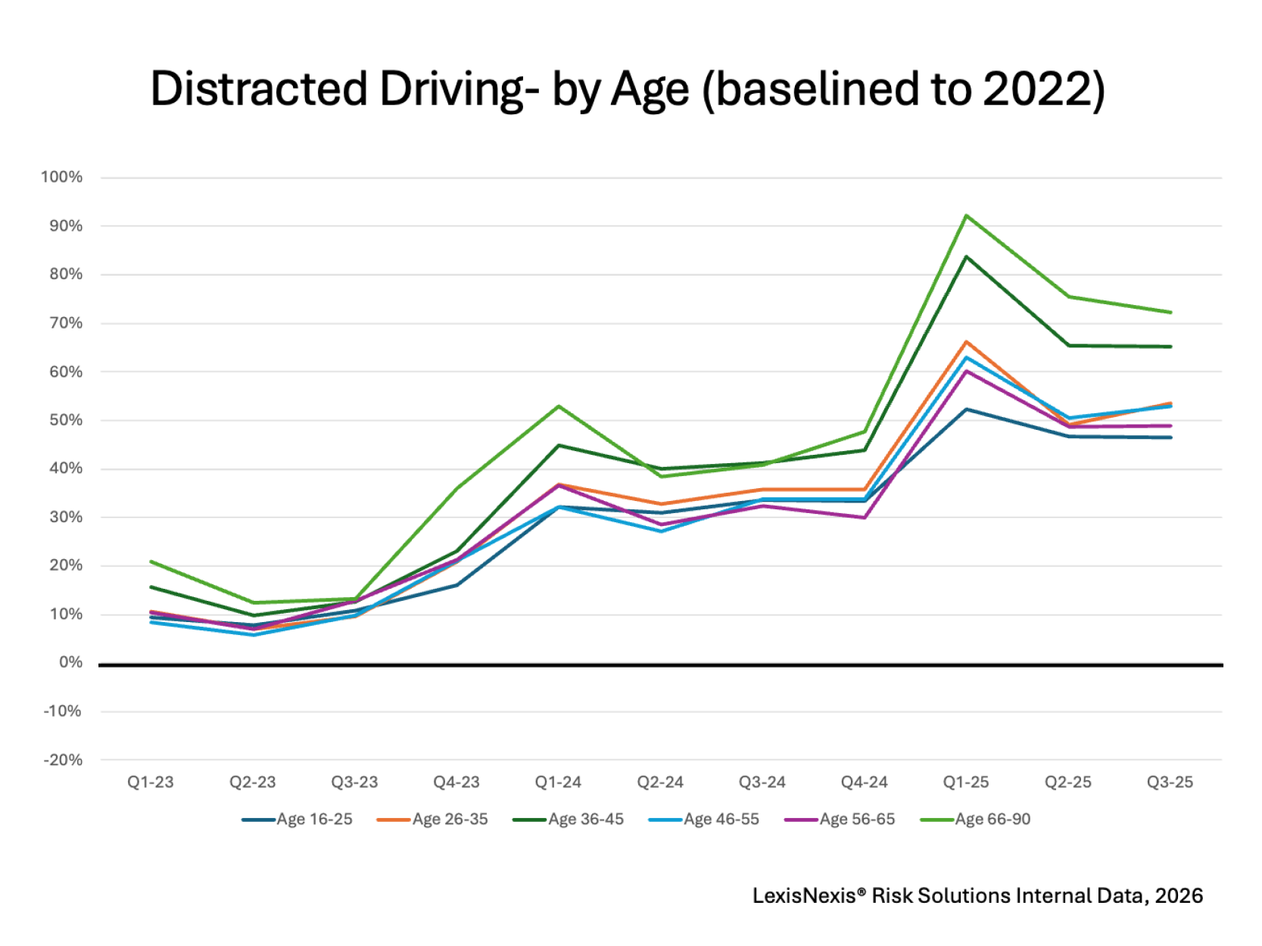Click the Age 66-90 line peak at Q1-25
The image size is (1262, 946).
(966, 216)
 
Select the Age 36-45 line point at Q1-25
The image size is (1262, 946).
(966, 257)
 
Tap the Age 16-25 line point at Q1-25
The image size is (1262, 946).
(966, 409)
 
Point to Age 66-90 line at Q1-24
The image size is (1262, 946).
(559, 406)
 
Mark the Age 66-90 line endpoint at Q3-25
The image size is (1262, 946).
(1170, 312)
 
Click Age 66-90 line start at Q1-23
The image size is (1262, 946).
(151, 562)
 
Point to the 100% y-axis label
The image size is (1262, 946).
(62, 177)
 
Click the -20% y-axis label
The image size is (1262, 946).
(63, 760)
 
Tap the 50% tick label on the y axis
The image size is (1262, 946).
(66, 420)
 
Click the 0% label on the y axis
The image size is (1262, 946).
(70, 662)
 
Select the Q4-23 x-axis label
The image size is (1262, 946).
(457, 782)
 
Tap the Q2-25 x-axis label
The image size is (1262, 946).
(1067, 782)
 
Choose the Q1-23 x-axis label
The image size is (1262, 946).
(151, 782)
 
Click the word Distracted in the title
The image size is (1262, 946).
(259, 89)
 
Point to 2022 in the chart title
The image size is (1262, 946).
(1036, 89)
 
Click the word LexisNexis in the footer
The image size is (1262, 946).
(804, 896)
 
